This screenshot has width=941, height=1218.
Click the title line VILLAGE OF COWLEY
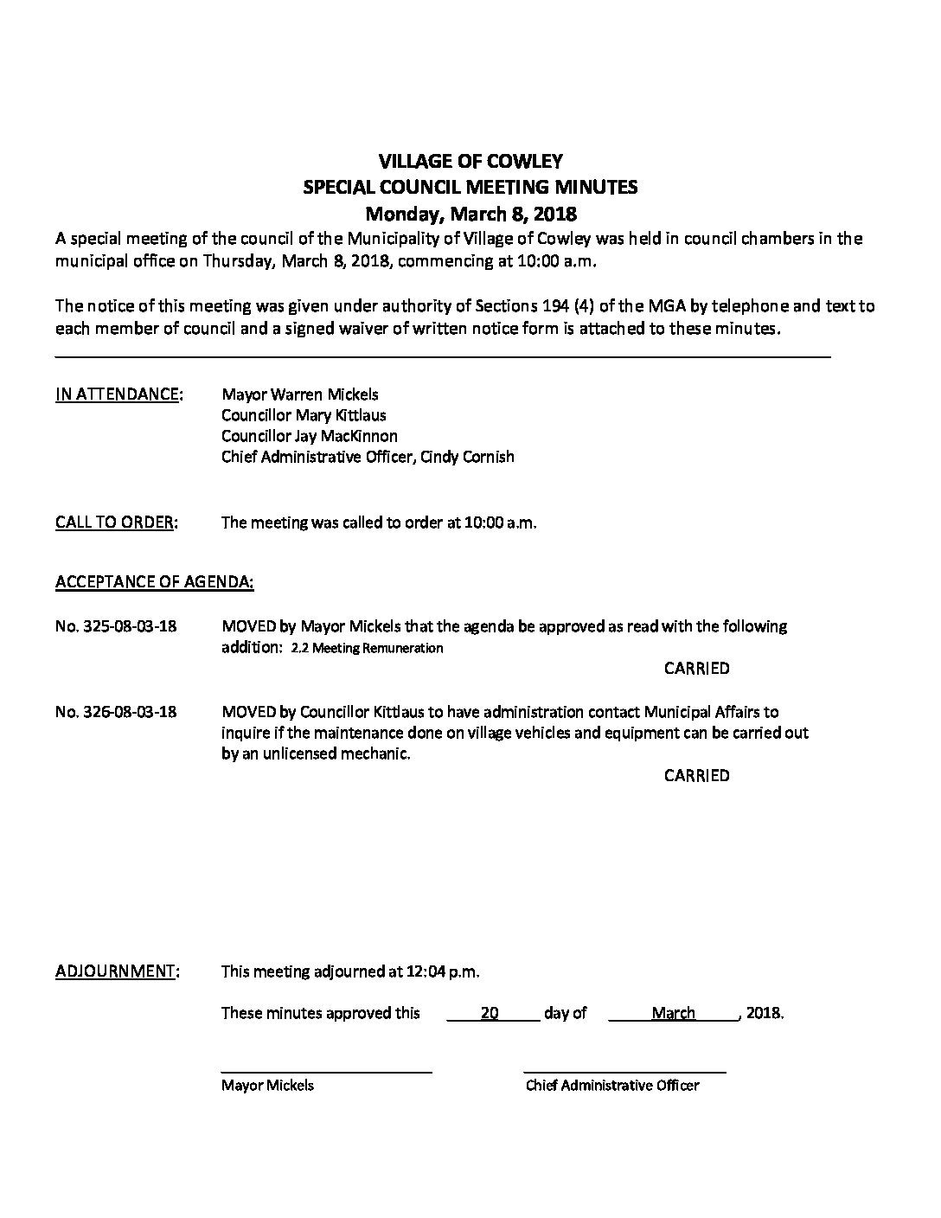(470, 161)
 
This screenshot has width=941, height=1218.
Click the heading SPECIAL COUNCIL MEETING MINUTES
(470, 187)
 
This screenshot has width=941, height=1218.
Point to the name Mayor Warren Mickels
(299, 394)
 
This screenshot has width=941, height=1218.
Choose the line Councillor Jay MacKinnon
(310, 436)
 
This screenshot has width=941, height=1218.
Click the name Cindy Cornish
(467, 457)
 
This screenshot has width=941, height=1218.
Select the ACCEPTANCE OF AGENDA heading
(155, 582)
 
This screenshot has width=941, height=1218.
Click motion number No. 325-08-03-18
(116, 625)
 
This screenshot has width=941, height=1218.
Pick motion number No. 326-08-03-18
(116, 712)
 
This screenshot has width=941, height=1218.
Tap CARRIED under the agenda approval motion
(696, 669)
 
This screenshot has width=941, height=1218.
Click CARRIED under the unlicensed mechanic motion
(696, 776)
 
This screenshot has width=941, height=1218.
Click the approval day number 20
(490, 1014)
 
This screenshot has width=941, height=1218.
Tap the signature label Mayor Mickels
(267, 1086)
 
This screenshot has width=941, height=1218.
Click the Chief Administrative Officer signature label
(612, 1086)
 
